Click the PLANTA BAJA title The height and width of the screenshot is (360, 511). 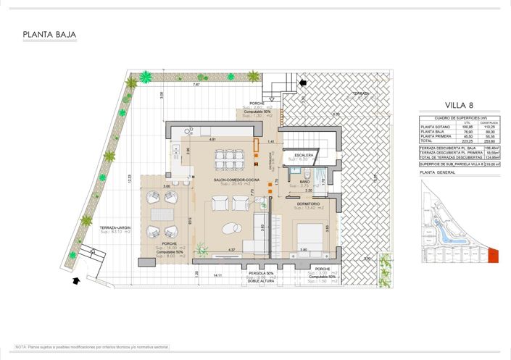(x=49, y=34)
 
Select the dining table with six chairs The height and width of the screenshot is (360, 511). (x=229, y=159)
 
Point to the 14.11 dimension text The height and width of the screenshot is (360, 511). (x=217, y=275)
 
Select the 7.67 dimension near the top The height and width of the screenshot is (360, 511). (x=196, y=85)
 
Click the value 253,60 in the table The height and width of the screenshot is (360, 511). (x=489, y=140)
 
